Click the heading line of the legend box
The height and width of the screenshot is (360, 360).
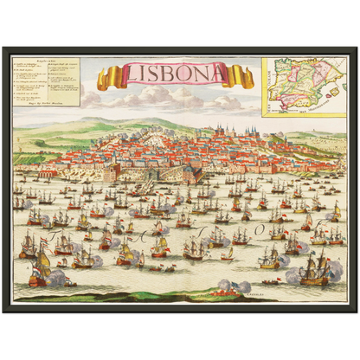coord(46,61)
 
